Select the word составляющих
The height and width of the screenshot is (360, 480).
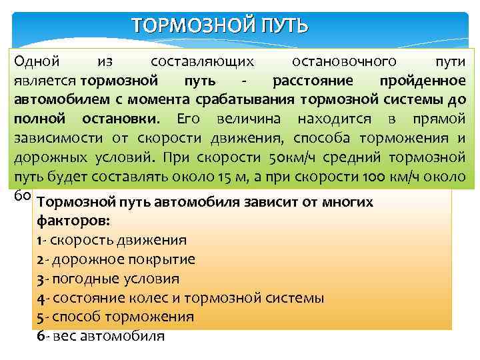click(203, 62)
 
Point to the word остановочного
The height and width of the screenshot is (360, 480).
click(345, 62)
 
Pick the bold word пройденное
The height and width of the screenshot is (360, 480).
click(422, 81)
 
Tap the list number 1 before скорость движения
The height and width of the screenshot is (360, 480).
click(40, 240)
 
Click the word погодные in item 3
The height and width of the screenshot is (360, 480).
click(79, 279)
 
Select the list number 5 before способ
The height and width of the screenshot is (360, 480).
click(41, 317)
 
